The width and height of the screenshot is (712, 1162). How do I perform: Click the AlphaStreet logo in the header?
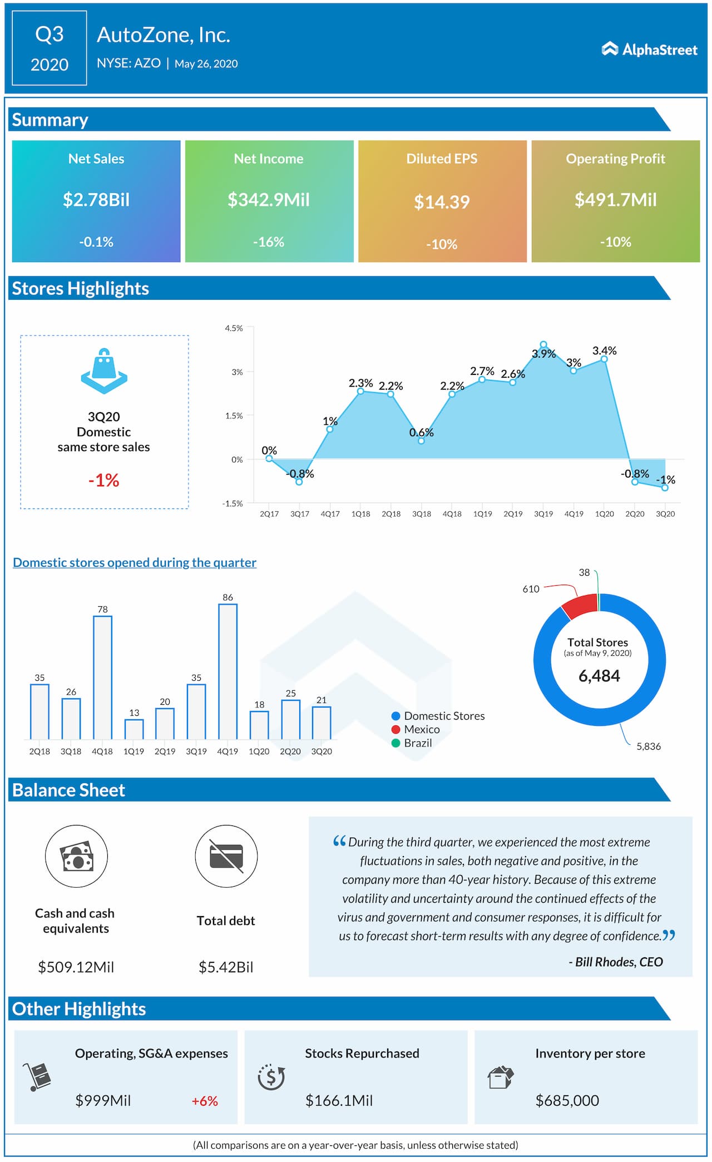click(649, 50)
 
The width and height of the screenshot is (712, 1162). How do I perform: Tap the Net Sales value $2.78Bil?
click(96, 200)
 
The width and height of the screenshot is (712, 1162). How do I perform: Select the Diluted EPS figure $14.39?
click(442, 202)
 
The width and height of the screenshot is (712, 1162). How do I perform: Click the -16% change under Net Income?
click(269, 242)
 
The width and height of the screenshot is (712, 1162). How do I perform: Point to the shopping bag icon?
click(104, 370)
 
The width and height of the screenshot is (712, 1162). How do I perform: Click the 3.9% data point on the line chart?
click(543, 345)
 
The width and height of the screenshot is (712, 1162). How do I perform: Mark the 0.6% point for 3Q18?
click(421, 441)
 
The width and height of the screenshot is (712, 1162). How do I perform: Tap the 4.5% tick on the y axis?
click(234, 328)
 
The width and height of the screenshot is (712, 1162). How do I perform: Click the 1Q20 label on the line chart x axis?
click(604, 514)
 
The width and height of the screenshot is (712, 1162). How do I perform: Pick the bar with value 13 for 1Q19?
click(133, 729)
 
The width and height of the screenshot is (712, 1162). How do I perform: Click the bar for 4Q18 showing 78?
click(102, 677)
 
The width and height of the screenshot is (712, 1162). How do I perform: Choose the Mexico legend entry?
click(421, 729)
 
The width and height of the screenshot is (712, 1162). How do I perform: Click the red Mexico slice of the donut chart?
click(580, 606)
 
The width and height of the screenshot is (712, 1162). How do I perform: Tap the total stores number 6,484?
click(599, 676)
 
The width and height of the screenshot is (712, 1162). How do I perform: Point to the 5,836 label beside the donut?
click(649, 746)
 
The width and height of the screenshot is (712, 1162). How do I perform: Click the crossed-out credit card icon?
click(226, 856)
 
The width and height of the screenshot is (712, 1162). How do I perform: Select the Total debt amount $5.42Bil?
click(226, 967)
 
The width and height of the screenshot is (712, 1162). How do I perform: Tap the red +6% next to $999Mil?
click(205, 1101)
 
